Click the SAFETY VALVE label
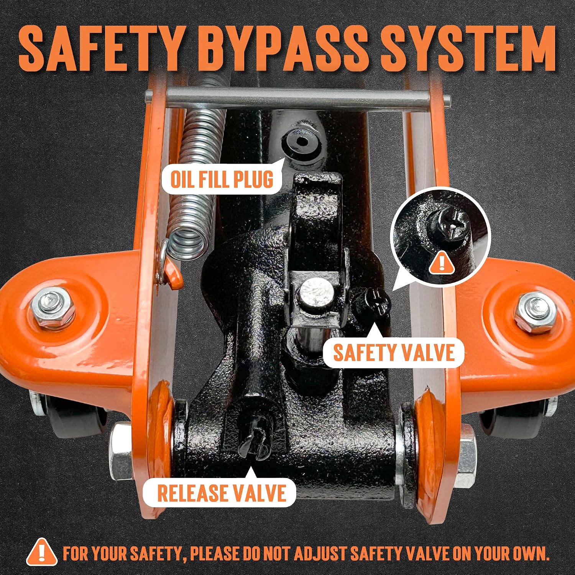(393, 352)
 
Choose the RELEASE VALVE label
(222, 493)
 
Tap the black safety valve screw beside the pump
(372, 303)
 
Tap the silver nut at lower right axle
(465, 456)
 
